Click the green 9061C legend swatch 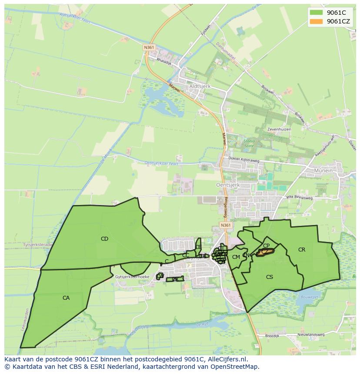(316, 13)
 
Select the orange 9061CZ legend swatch (316, 21)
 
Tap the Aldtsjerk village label (200, 86)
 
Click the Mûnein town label (322, 171)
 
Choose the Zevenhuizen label (279, 129)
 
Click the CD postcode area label (104, 238)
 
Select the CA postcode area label (66, 298)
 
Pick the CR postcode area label (302, 249)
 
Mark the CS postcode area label (270, 277)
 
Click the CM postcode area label (236, 257)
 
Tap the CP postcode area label (266, 246)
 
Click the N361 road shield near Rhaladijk (149, 47)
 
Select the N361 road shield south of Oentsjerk (225, 225)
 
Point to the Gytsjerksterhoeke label (133, 277)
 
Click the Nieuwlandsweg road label (311, 335)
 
